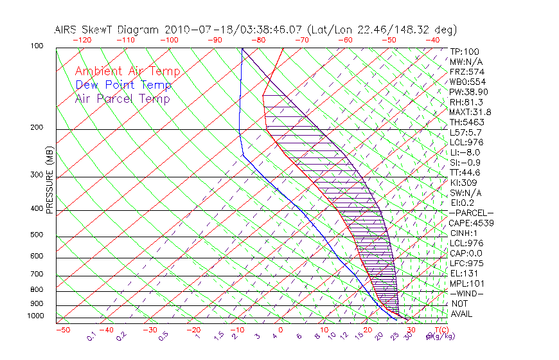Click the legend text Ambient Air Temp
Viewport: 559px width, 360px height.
127,71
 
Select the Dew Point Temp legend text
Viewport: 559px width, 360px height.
123,85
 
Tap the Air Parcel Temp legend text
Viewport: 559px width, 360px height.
122,98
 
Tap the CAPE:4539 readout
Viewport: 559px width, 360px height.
471,223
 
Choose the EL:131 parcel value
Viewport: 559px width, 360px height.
464,273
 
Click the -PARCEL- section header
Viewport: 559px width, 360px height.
471,213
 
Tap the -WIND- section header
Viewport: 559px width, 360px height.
466,293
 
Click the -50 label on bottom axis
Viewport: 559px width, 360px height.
62,330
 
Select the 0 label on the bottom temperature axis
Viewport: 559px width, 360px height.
280,330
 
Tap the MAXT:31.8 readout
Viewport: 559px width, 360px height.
471,112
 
